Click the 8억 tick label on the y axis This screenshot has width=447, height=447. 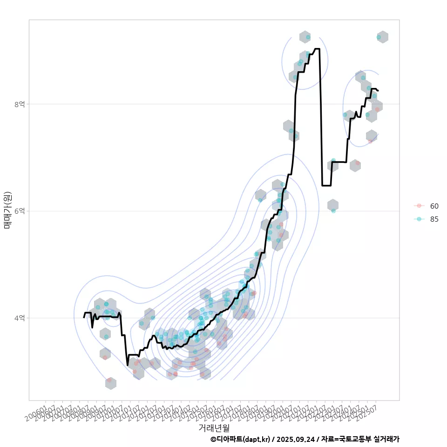click(19, 104)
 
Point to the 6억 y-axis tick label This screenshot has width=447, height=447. click(19, 211)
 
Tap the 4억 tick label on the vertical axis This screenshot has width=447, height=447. click(19, 318)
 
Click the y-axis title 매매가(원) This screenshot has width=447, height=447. click(7, 210)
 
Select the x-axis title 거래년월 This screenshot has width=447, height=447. click(214, 427)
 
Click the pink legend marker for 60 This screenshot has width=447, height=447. click(419, 206)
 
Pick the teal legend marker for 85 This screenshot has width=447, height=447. click(419, 219)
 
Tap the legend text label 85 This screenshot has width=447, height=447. click(434, 219)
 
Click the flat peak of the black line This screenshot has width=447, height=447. click(317, 48)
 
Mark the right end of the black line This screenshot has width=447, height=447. click(378, 90)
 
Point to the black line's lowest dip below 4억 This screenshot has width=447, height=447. click(128, 365)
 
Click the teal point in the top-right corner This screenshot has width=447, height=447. click(379, 37)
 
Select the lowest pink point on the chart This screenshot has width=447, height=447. click(109, 380)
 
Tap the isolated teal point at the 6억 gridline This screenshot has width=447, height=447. click(333, 211)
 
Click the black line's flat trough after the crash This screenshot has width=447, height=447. click(326, 185)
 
